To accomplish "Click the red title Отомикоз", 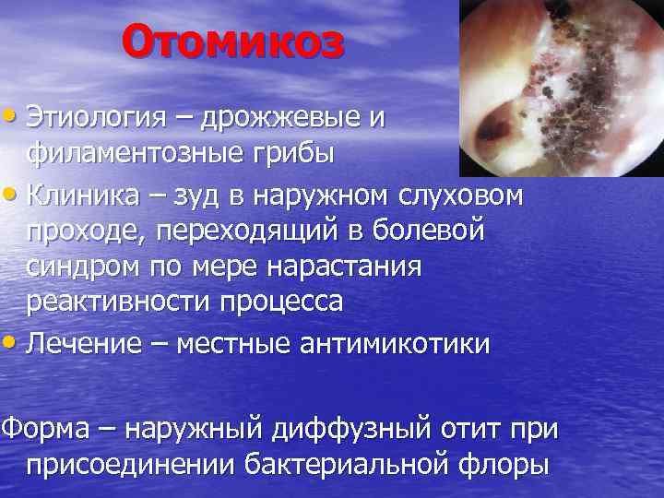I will pos(232,42).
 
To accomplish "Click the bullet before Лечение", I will pos(11,343).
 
